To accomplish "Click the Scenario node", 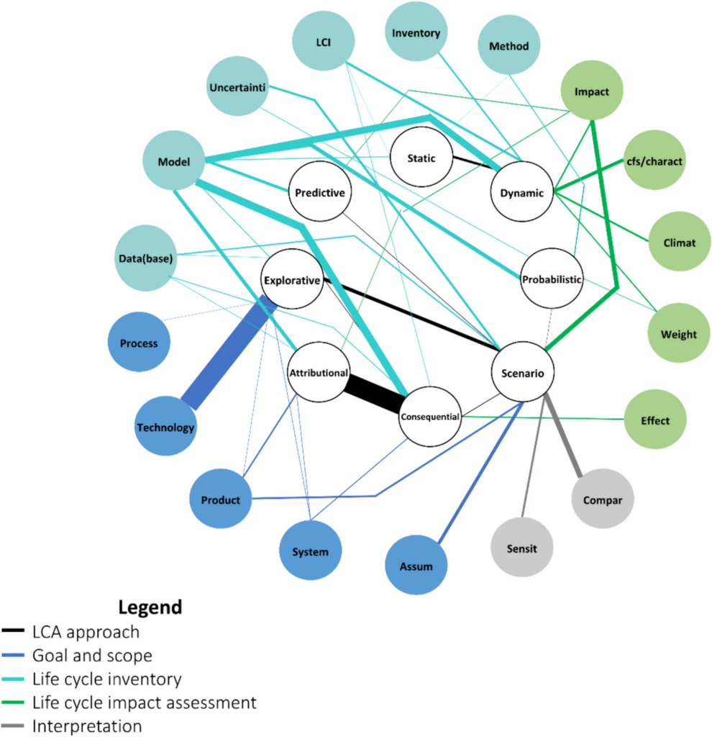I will pos(523,372).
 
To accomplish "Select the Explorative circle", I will pos(291,280).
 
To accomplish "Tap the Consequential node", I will pos(429,417).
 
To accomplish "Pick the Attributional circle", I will pos(319,373).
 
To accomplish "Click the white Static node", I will pos(421,158).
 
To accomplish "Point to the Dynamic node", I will pos(521,192).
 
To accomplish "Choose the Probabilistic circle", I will pos(552,279).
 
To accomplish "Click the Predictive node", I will pos(319,192).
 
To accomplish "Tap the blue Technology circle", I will pos(166,427).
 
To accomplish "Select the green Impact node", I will pos(592,92).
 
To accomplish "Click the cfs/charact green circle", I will pos(655,161).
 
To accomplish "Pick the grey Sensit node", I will pos(521,548).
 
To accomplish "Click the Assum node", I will pos(416,566).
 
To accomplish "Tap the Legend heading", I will pos(150,607).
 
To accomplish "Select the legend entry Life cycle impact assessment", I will pos(144,700).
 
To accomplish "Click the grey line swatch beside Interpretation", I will pos(14,725).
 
